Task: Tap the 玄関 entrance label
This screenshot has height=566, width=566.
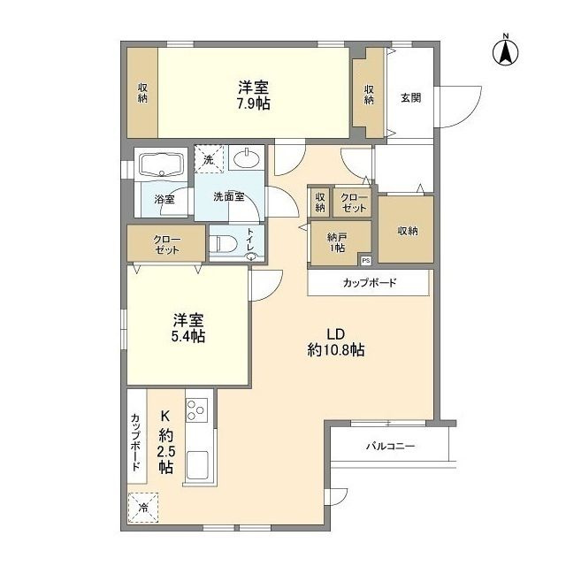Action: point(409,97)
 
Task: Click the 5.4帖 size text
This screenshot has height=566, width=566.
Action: point(188,336)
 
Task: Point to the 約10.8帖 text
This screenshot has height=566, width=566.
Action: point(335,350)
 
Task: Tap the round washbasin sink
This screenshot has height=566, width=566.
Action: point(247,160)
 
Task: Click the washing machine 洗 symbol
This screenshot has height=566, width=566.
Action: point(209,159)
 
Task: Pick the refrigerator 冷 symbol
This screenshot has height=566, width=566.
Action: point(144,508)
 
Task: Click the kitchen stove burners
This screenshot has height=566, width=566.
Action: point(196,410)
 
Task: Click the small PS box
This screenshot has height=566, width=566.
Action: point(365,260)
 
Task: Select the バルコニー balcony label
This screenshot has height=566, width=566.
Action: point(391,447)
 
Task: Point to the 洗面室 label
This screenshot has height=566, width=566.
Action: point(228,197)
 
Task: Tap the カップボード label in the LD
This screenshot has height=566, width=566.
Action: point(370,284)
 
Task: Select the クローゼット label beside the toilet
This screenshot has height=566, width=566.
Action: point(166,245)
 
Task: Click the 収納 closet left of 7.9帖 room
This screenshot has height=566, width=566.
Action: point(142,93)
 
